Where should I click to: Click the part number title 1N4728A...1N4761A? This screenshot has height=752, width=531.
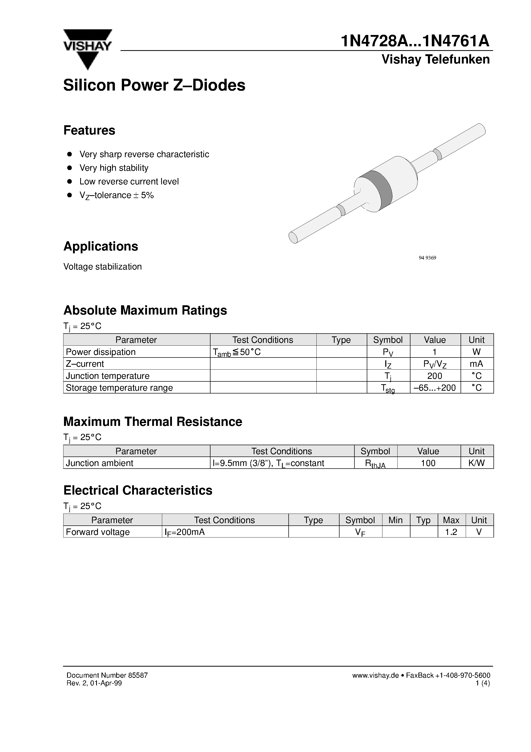[x=415, y=42]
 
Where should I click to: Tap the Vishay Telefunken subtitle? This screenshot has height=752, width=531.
[x=435, y=60]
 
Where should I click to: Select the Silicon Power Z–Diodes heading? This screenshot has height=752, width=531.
[x=154, y=85]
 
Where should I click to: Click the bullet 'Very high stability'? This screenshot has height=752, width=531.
[x=114, y=168]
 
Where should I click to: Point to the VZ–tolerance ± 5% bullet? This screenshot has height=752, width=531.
[x=116, y=195]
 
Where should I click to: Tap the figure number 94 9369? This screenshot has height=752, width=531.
[x=427, y=258]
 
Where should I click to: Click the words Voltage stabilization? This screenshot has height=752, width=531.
[x=103, y=267]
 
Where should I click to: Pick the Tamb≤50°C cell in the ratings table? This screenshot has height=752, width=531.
[x=237, y=352]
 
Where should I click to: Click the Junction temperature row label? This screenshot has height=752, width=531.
[x=107, y=376]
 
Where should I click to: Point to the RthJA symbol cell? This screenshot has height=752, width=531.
[x=375, y=463]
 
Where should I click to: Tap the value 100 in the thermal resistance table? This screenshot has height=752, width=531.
[x=428, y=463]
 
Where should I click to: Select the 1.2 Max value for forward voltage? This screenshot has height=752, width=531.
[x=451, y=532]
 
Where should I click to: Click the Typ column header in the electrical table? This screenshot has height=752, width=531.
[x=423, y=520]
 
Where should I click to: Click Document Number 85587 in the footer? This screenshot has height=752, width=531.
[x=107, y=675]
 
